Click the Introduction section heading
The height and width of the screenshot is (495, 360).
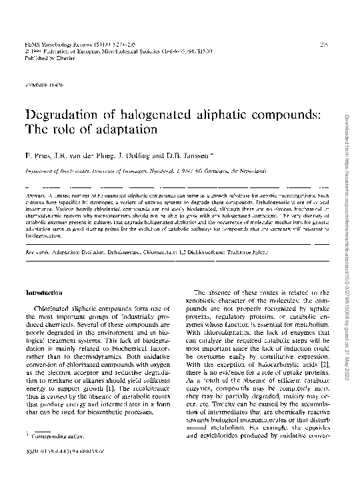(x=44, y=293)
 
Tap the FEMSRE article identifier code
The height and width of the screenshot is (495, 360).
(x=45, y=85)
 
